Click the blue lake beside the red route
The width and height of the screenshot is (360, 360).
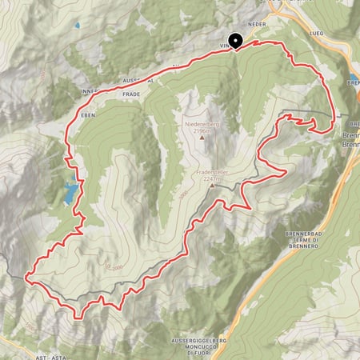coord(70,192)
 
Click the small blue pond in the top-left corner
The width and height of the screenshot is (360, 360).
coord(78,26)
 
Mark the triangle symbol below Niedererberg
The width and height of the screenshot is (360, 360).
coord(202,137)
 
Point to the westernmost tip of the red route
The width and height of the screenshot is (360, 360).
coord(26,277)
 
